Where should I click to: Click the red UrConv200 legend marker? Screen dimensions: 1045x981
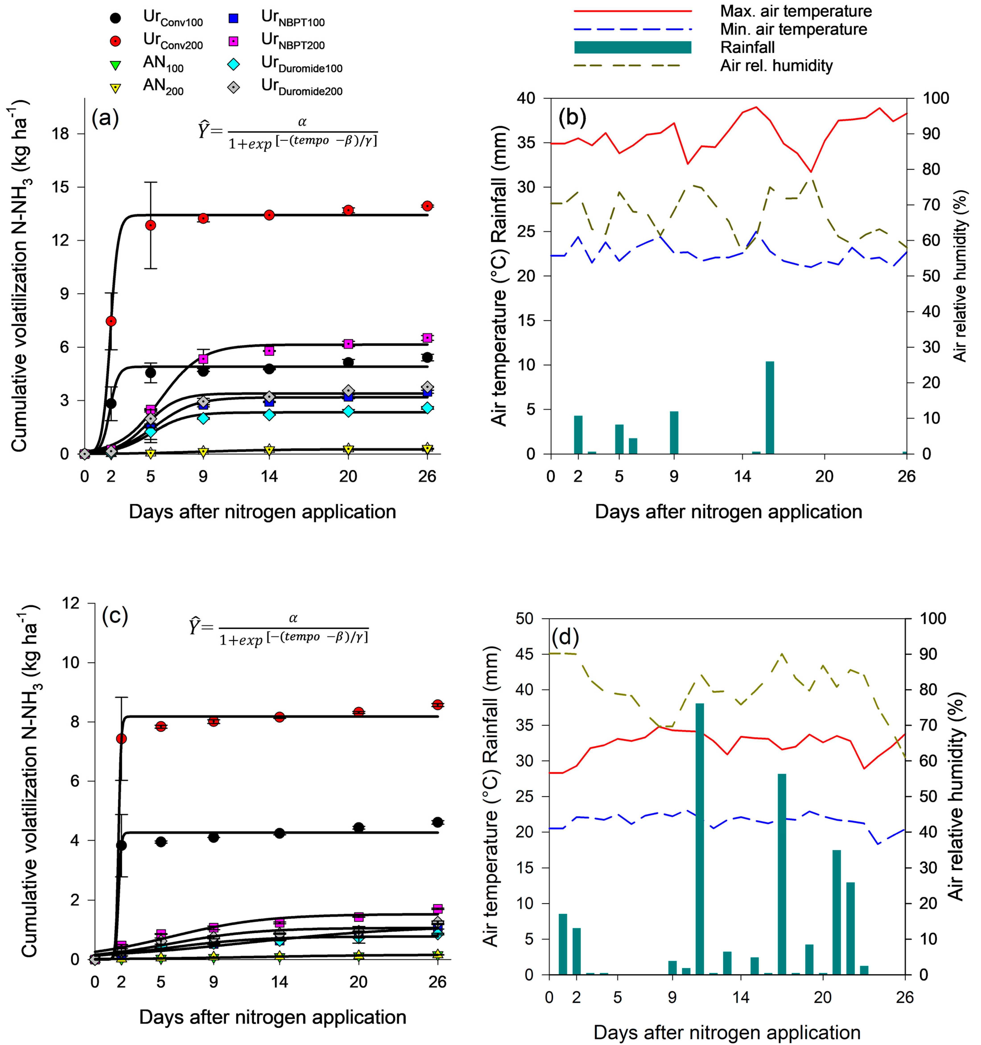point(116,41)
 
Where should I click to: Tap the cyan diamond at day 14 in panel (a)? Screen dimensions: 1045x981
point(269,414)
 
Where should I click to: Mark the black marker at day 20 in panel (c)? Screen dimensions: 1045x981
point(359,827)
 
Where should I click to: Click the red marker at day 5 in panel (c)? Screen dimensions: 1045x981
point(161,726)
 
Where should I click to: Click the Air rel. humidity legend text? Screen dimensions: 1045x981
point(776,66)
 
